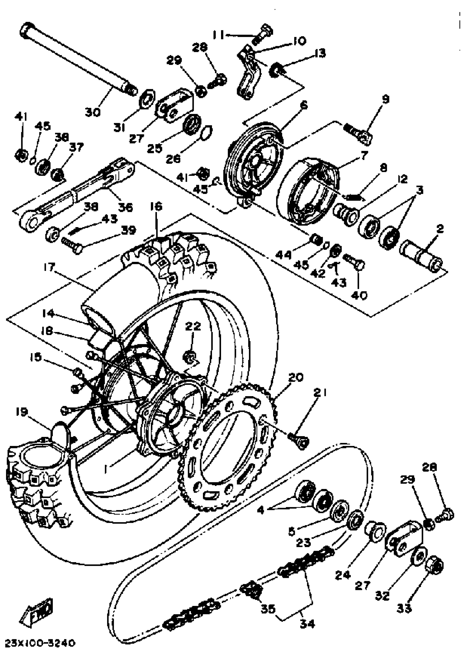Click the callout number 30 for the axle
[x=93, y=112]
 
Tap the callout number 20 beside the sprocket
[x=295, y=377]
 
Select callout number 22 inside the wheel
[x=193, y=327]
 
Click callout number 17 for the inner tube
[x=49, y=267]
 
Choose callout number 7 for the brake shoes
[x=364, y=156]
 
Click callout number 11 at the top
[x=218, y=35]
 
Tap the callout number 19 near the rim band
[x=22, y=412]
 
